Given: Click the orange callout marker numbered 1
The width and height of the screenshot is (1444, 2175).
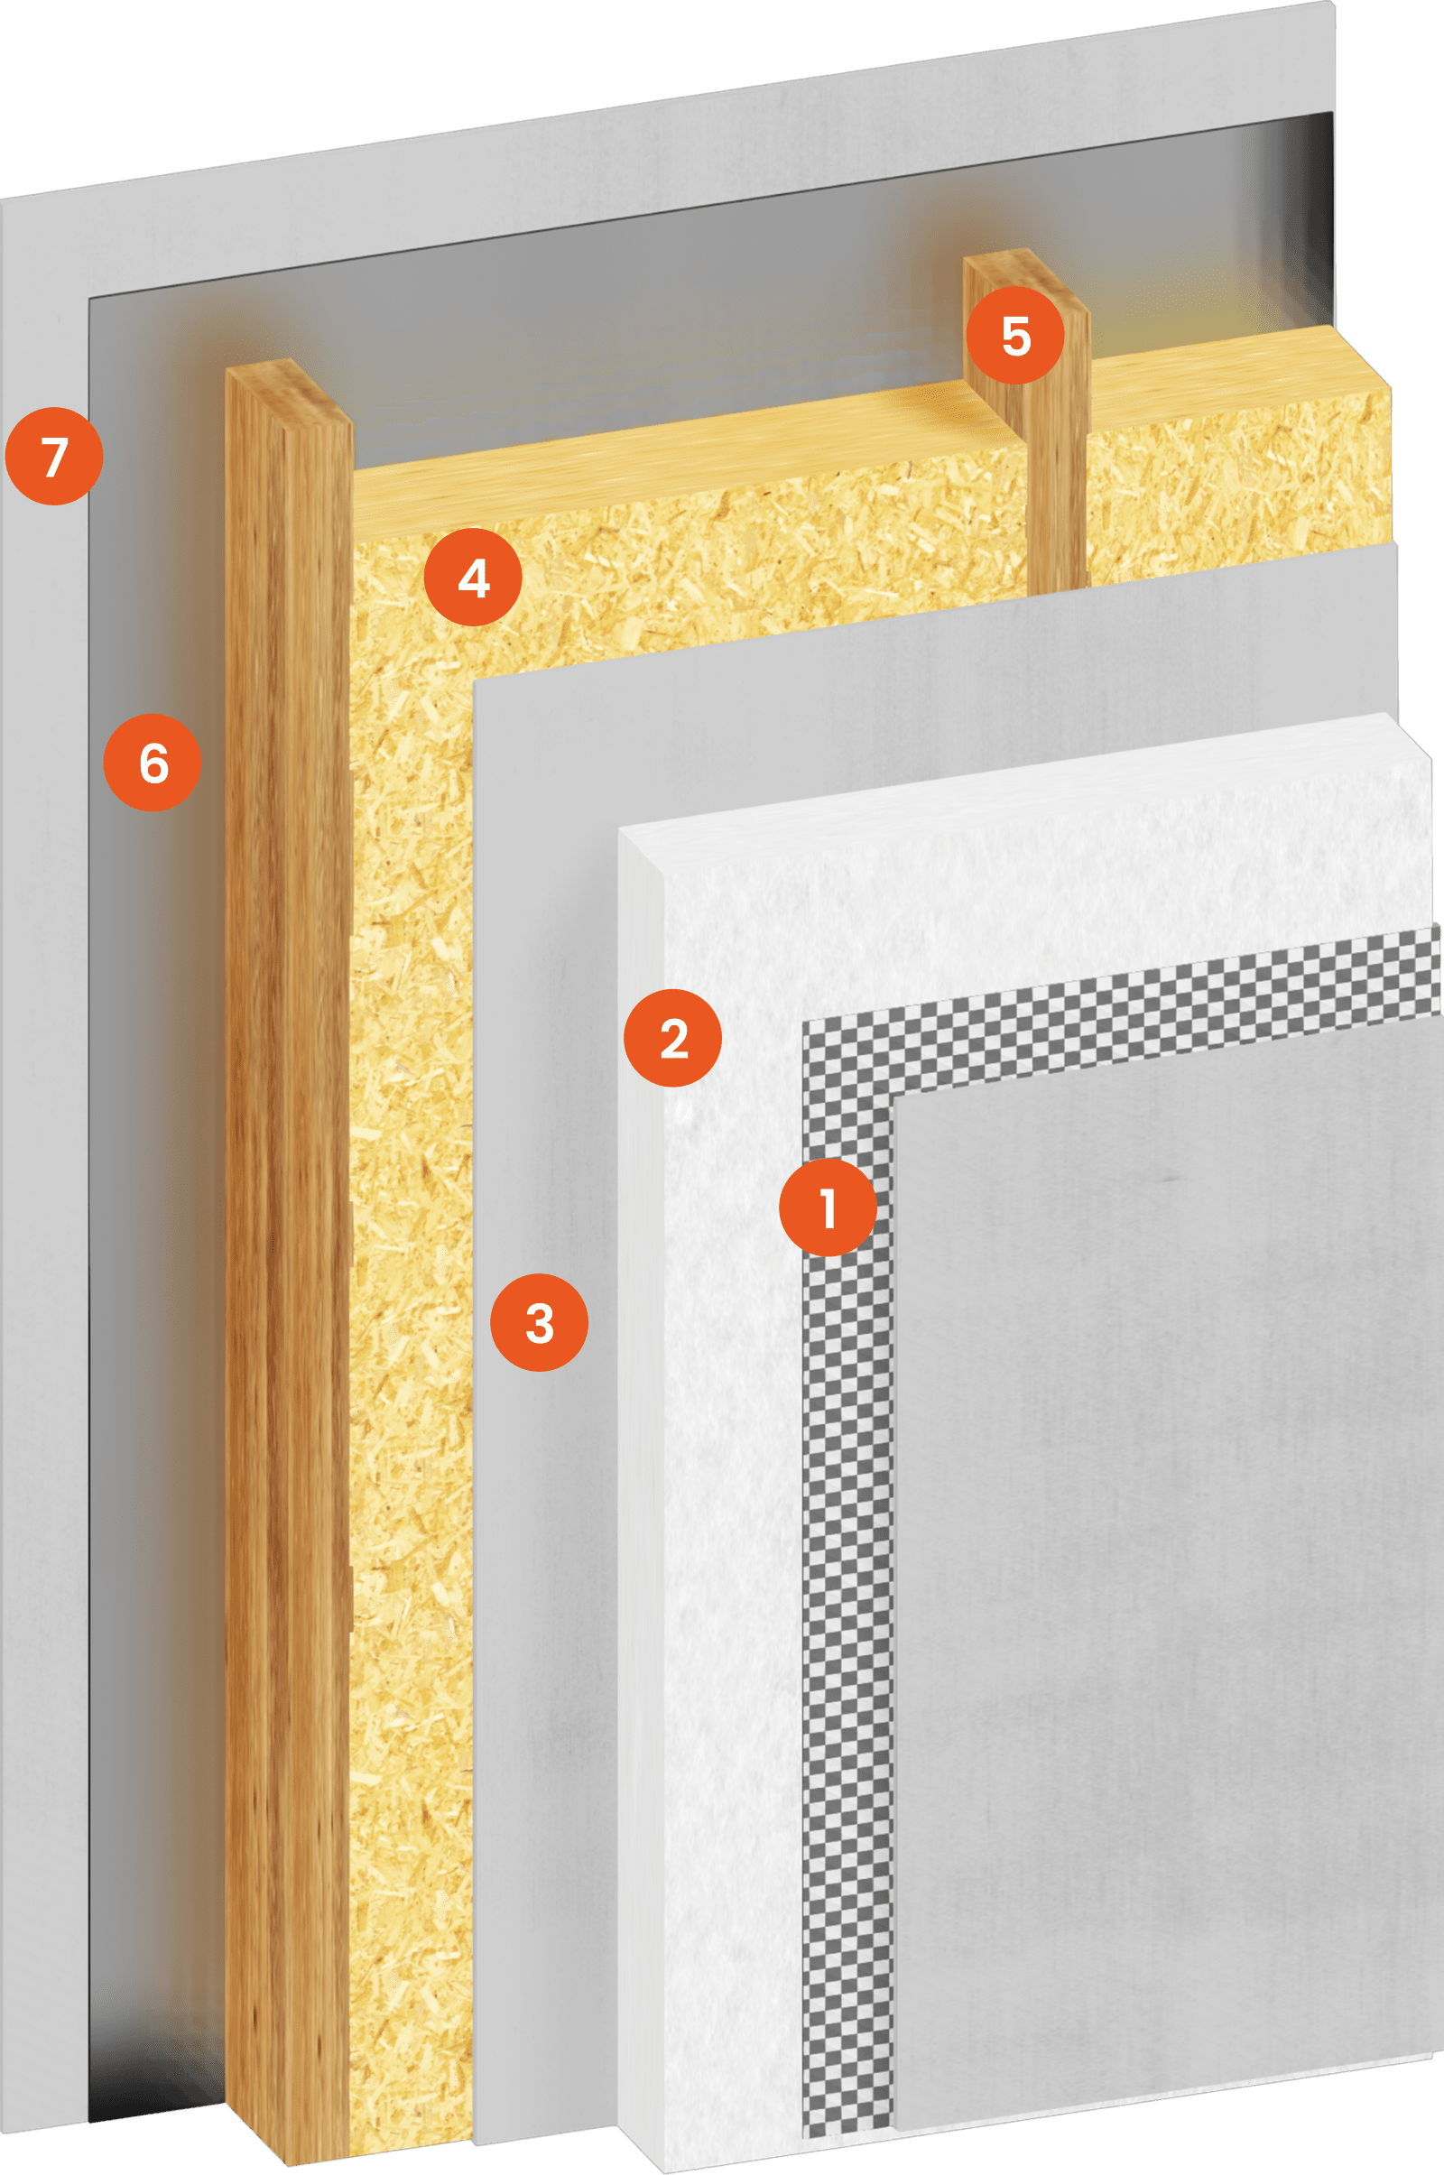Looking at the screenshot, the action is pos(828,1208).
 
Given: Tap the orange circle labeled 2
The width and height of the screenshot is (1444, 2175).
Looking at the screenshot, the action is pos(673,1038).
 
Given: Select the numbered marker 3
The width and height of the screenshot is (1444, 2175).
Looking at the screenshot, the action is pos(540,1322).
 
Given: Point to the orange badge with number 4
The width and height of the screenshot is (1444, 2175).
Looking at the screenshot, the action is pos(473,578).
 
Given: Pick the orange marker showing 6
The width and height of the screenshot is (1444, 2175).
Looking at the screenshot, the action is pos(153,763).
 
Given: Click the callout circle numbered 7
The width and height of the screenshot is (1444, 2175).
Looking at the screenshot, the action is pos(54,456).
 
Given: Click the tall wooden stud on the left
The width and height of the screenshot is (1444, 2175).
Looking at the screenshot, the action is pos(287,1243).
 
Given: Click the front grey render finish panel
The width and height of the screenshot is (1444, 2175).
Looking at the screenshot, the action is pos(1165,1566).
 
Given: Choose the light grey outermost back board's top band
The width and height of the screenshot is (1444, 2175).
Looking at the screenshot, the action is pos(668,138).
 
